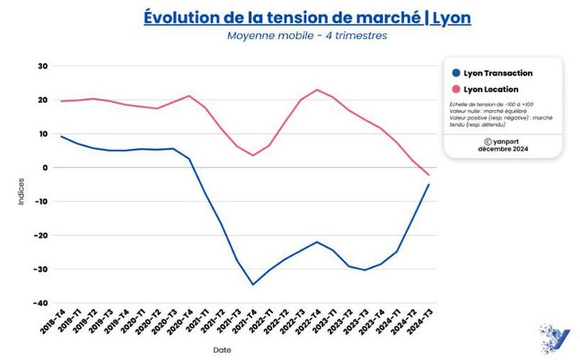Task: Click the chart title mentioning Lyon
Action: [307, 17]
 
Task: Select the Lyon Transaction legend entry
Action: [498, 73]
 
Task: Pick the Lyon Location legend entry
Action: [491, 89]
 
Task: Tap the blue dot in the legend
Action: [455, 73]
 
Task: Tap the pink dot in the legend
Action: [455, 89]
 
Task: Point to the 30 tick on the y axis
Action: [43, 66]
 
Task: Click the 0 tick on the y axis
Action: [45, 168]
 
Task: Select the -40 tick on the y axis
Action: [40, 303]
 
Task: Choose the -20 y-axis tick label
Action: [40, 235]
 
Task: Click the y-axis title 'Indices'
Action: [21, 192]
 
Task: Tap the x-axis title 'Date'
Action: [222, 350]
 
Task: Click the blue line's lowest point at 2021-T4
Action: [253, 284]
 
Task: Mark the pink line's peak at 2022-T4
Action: [317, 90]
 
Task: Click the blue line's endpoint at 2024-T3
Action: [429, 184]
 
